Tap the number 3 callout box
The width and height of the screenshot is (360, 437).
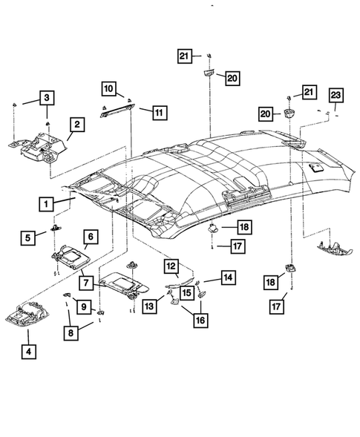46,97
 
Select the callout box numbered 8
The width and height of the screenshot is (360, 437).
73,334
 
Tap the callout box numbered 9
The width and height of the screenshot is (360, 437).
83,306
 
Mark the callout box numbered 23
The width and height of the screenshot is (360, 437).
336,94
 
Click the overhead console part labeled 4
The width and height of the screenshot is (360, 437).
37,316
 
